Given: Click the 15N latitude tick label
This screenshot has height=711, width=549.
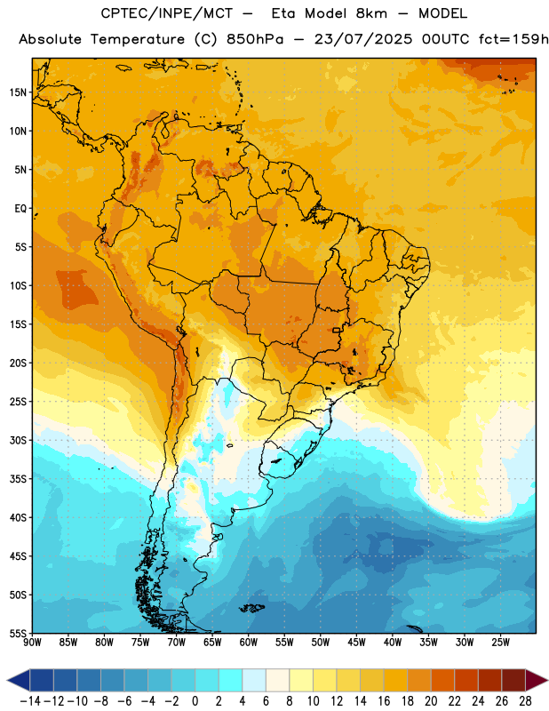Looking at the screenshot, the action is tap(18, 92).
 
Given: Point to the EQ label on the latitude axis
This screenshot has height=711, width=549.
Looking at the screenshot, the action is tap(20, 209).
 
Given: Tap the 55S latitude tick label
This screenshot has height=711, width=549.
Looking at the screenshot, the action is tap(18, 633).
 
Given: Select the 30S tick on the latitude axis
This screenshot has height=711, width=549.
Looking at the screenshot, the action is tap(18, 440).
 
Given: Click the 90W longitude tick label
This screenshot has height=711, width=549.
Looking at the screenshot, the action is tap(32, 643).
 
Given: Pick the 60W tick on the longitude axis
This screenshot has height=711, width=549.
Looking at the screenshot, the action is tap(249, 643).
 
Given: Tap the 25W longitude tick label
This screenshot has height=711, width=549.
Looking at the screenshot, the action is tap(500, 643).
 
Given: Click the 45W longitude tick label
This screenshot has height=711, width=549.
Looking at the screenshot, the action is tap(356, 643).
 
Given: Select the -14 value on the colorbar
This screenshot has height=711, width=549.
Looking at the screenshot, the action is tap(30, 701).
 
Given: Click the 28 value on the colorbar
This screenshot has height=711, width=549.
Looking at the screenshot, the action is tap(525, 701).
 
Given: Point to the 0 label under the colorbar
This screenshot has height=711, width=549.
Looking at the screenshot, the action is tap(195, 701).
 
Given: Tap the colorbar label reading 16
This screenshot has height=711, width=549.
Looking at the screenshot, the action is tap(384, 701).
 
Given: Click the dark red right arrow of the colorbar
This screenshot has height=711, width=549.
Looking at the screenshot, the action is tap(537, 680).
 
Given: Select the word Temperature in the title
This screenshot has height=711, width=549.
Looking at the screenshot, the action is tap(138, 39).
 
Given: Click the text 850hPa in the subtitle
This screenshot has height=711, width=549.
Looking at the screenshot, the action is tap(254, 39).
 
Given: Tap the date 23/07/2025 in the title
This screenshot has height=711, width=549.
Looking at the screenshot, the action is tap(363, 39).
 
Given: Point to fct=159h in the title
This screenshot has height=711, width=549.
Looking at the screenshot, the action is tap(513, 39).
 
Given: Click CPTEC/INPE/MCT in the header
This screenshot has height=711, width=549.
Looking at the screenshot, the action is tap(167, 13).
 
